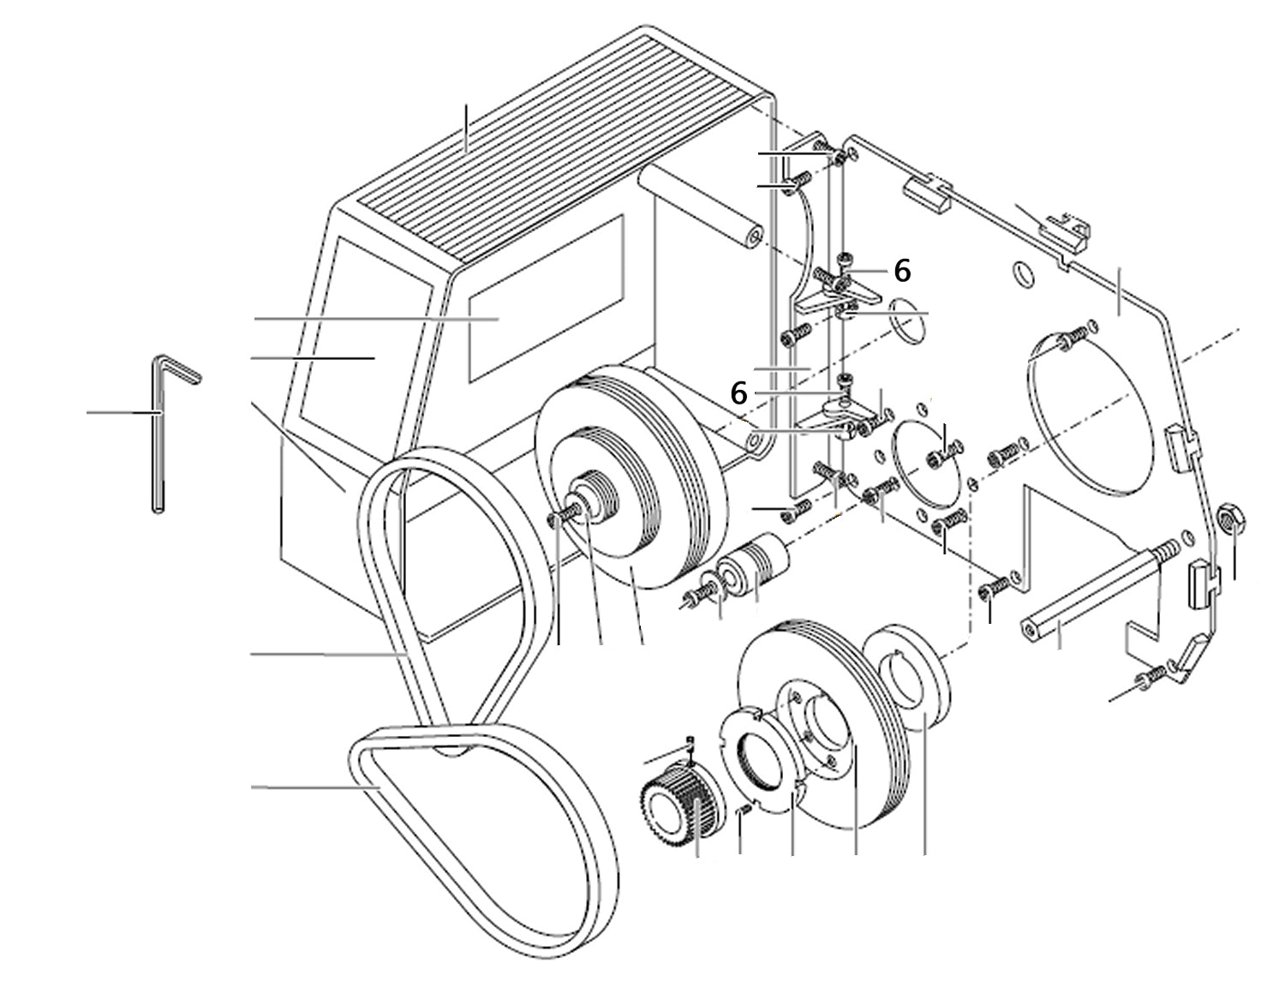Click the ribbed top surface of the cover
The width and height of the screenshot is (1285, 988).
pyautogui.click(x=548, y=146)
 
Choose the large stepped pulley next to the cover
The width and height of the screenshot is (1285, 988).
pyautogui.click(x=630, y=480)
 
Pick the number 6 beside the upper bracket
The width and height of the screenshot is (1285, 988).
pyautogui.click(x=902, y=271)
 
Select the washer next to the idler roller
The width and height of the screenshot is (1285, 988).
pyautogui.click(x=710, y=590)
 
